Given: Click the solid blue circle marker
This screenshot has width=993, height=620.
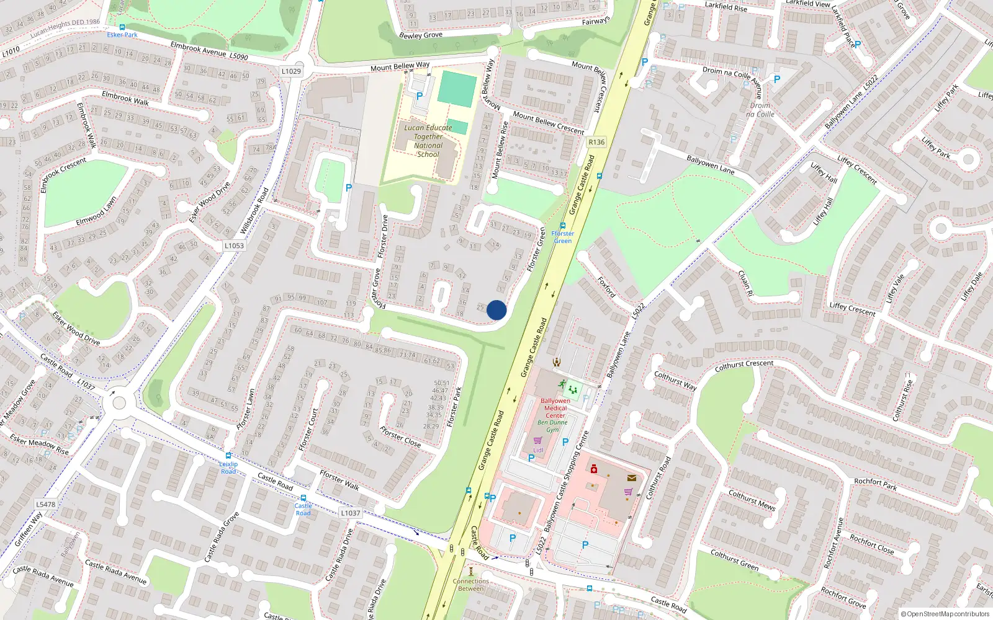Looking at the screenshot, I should (496, 310).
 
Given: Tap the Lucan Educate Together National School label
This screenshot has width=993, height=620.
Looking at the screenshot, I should (428, 141).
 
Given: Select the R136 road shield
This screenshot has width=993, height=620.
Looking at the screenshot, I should (596, 142).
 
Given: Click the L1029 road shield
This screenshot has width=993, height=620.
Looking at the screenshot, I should (291, 71).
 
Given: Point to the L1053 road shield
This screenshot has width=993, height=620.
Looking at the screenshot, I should (234, 246).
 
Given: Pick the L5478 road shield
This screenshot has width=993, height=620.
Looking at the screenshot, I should (45, 504).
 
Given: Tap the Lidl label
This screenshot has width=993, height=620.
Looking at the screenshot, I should (538, 450).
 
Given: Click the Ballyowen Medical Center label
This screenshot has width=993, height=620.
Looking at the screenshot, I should (555, 408).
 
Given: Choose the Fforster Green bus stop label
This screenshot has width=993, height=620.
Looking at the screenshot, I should (563, 237).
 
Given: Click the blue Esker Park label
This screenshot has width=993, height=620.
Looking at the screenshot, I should (122, 35).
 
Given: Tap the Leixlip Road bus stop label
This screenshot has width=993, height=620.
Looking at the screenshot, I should (228, 467).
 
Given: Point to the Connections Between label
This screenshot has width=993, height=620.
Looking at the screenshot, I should (470, 585).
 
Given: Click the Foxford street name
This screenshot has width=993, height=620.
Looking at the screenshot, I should (606, 286).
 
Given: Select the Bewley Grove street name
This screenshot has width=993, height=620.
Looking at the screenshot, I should (421, 35).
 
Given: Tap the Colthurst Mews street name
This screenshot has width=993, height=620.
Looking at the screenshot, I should (752, 500).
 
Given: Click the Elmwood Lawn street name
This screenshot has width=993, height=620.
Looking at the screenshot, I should (96, 211).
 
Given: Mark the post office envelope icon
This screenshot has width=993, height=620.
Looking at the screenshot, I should (632, 478).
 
